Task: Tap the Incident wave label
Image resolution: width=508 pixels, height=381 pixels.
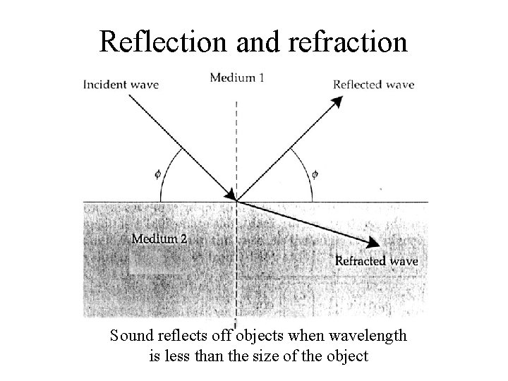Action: [x=121, y=85]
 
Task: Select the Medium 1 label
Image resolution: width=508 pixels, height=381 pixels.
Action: [x=237, y=77]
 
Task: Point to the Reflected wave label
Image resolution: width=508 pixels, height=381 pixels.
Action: [x=373, y=85]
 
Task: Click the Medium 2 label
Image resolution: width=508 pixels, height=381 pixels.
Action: [x=159, y=239]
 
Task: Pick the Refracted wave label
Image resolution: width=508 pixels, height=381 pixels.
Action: [x=376, y=261]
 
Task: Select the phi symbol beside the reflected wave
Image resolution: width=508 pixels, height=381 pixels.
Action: [x=315, y=172]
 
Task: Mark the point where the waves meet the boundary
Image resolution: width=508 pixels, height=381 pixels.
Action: [x=236, y=202]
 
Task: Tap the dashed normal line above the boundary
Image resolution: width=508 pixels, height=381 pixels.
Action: [x=236, y=141]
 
